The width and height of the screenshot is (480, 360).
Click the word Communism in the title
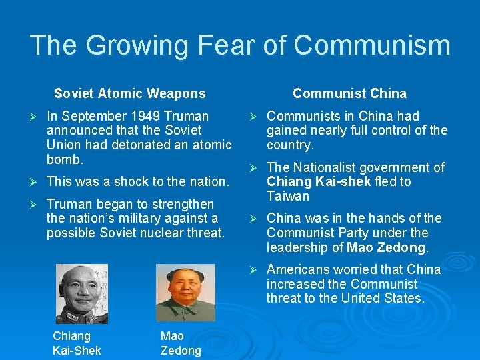pos(372,45)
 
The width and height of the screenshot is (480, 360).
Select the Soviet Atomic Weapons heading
pos(130,93)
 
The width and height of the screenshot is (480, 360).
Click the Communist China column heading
pos(349,93)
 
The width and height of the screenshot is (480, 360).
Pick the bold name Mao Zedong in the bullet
pos(386,247)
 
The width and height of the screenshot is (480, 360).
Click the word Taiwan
pos(288,196)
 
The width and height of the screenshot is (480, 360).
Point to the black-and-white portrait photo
pos(81,293)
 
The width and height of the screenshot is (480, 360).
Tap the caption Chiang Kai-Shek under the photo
pos(77,343)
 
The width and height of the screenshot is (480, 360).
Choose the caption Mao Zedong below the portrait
pos(181,343)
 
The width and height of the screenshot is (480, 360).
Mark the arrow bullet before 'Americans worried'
pos(253,269)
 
